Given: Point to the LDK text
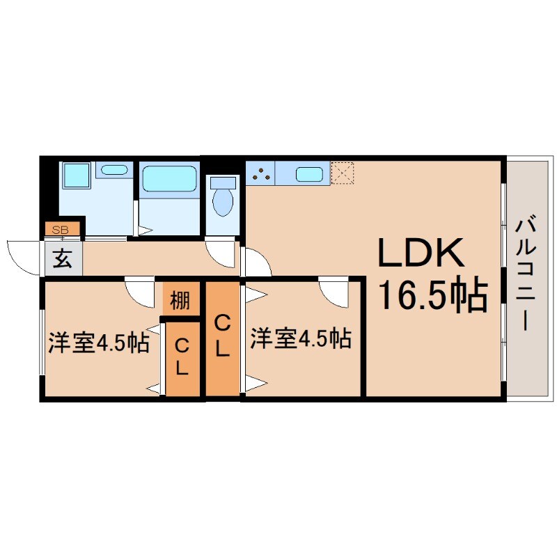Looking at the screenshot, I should click(x=421, y=255).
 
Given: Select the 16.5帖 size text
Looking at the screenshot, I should click(x=431, y=296).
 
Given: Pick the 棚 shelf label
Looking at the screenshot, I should click(x=180, y=301).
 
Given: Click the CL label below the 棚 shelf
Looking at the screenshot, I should click(x=181, y=356).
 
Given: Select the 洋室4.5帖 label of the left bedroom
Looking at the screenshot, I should click(x=98, y=343).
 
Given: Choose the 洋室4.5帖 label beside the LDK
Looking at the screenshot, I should click(x=300, y=339).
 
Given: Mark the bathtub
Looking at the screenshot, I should click(x=170, y=179).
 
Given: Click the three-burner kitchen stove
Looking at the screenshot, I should click(x=261, y=174).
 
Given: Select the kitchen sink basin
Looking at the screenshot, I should click(x=308, y=174).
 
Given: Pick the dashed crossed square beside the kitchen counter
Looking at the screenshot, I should click(x=342, y=173).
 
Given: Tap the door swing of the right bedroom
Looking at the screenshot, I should click(x=334, y=291).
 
